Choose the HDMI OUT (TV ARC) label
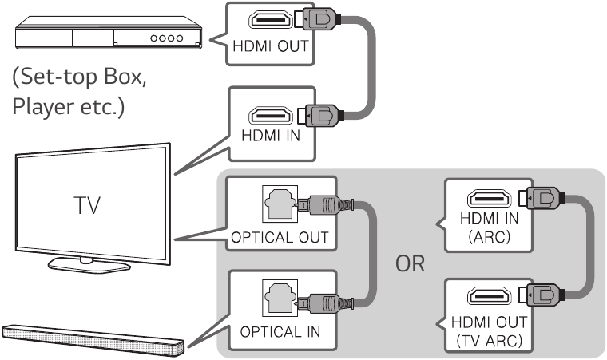click(x=487, y=330)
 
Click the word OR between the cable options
click(x=410, y=263)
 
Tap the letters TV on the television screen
click(x=88, y=206)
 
